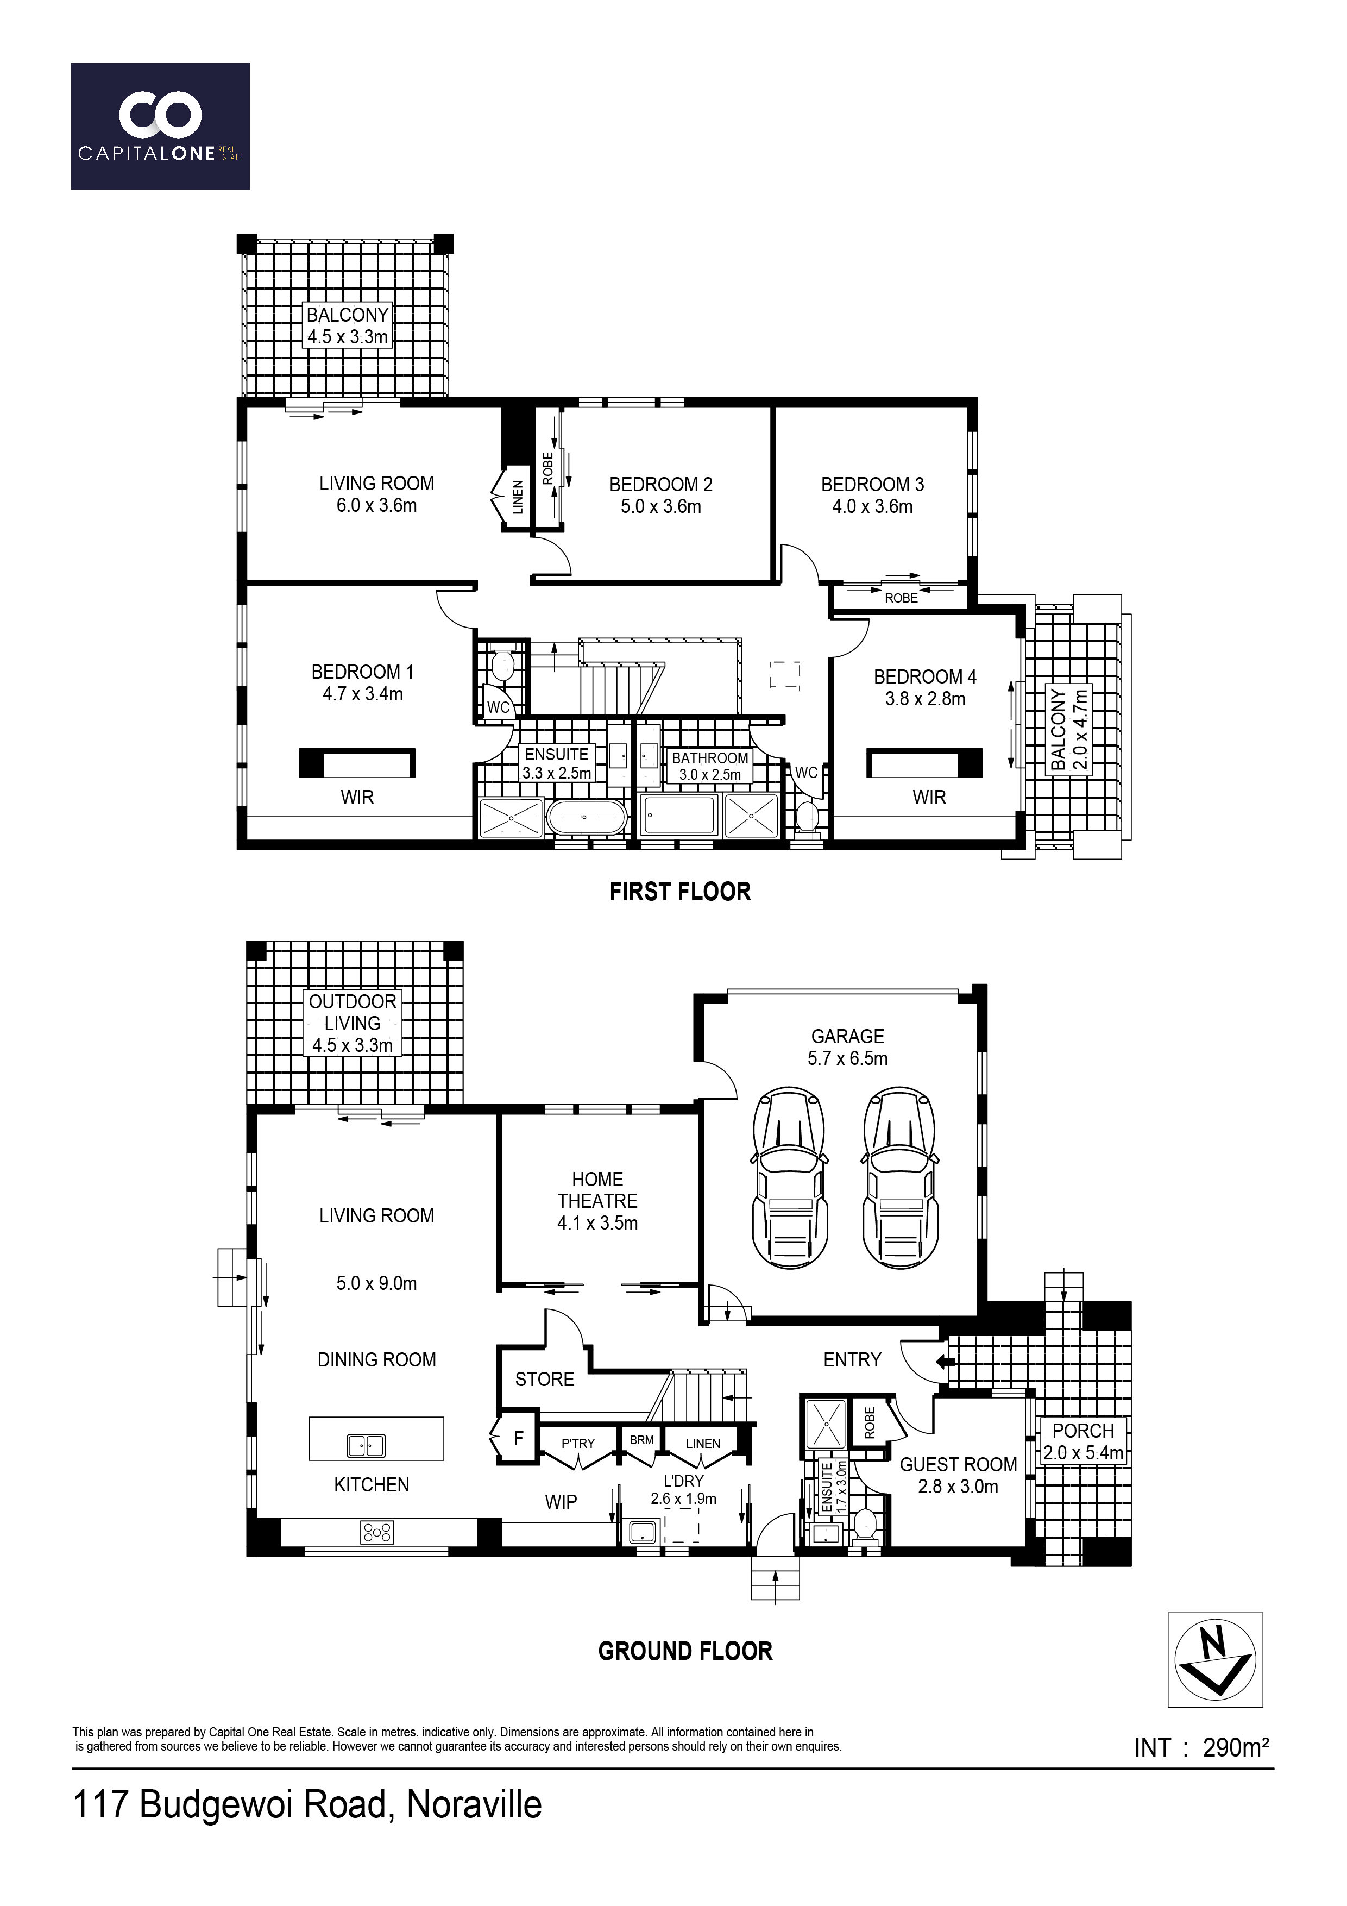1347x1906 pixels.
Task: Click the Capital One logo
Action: pyautogui.click(x=160, y=126)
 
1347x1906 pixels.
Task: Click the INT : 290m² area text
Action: pyautogui.click(x=1202, y=1747)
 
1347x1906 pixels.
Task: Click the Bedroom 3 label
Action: pyautogui.click(x=872, y=496)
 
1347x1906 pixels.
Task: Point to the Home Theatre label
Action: pyautogui.click(x=597, y=1201)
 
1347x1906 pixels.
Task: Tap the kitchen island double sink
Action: pyautogui.click(x=366, y=1445)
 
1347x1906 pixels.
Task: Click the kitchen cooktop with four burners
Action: pyautogui.click(x=377, y=1532)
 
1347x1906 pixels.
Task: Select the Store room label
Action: pyautogui.click(x=544, y=1379)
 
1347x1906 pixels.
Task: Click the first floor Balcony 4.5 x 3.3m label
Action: pyautogui.click(x=348, y=325)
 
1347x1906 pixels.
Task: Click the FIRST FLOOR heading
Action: pyautogui.click(x=679, y=892)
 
